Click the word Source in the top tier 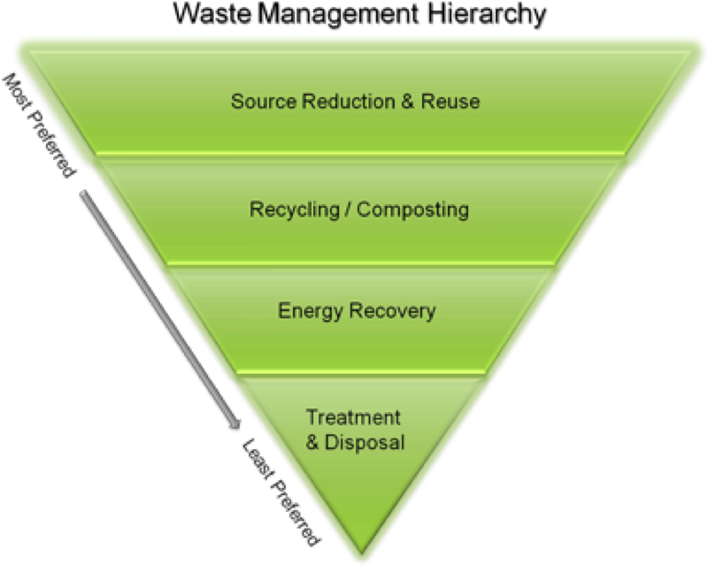[263, 101]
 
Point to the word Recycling [291, 210]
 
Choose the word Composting [412, 210]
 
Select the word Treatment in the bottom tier [353, 417]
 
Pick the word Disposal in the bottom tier [364, 442]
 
